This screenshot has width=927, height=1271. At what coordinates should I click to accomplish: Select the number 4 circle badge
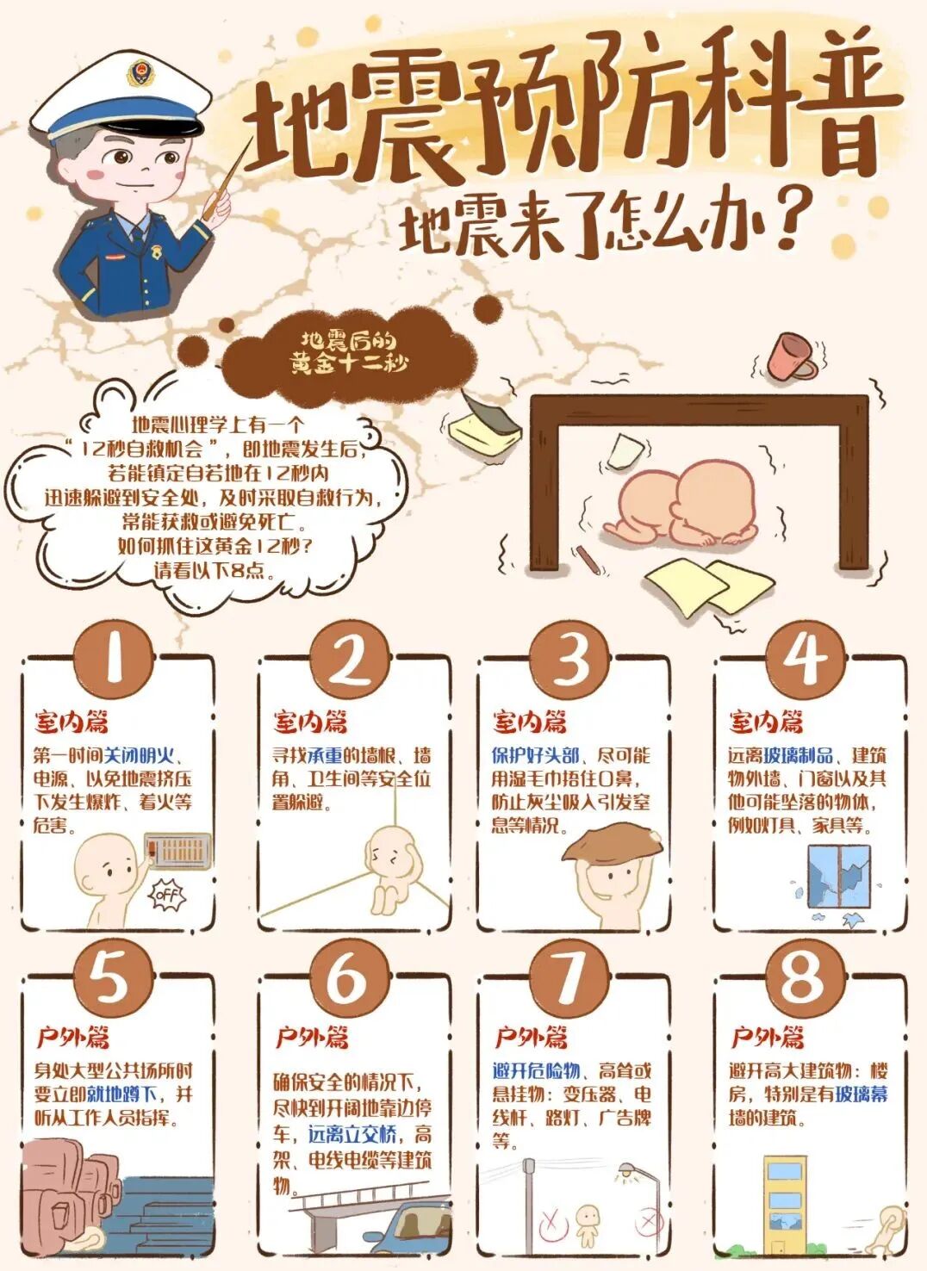click(805, 658)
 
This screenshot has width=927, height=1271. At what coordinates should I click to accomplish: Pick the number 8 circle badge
click(801, 976)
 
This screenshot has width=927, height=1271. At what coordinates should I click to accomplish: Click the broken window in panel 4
click(838, 877)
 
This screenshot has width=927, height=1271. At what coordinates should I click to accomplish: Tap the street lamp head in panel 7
click(630, 1170)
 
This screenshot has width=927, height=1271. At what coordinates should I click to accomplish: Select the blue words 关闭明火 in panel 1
click(139, 756)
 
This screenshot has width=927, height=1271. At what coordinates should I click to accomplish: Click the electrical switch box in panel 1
click(179, 849)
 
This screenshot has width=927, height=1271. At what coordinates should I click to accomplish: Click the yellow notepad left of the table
click(482, 426)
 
